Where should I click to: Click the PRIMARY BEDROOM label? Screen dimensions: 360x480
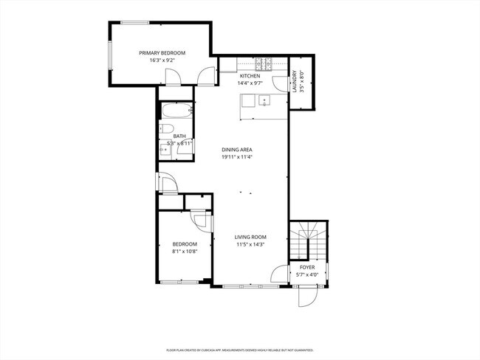pos(162,53)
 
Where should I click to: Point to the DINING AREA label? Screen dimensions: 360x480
pos(237,150)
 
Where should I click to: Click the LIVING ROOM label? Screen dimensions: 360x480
pos(250,237)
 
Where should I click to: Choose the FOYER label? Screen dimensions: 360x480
pos(307,268)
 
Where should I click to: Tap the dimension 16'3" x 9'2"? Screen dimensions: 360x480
pos(162,60)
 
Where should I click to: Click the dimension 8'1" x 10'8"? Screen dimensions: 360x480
pos(185,251)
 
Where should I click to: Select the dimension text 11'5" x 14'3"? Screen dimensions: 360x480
pos(250,244)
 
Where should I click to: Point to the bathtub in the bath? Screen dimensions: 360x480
pos(177,113)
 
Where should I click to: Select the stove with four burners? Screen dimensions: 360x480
pos(264,64)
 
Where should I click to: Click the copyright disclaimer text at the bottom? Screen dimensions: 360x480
pos(240,350)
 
